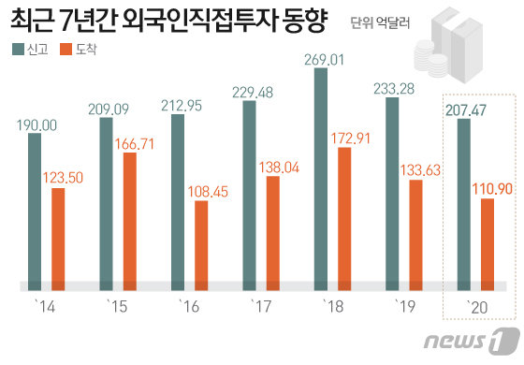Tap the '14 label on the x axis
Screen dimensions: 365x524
pyautogui.click(x=39, y=305)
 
